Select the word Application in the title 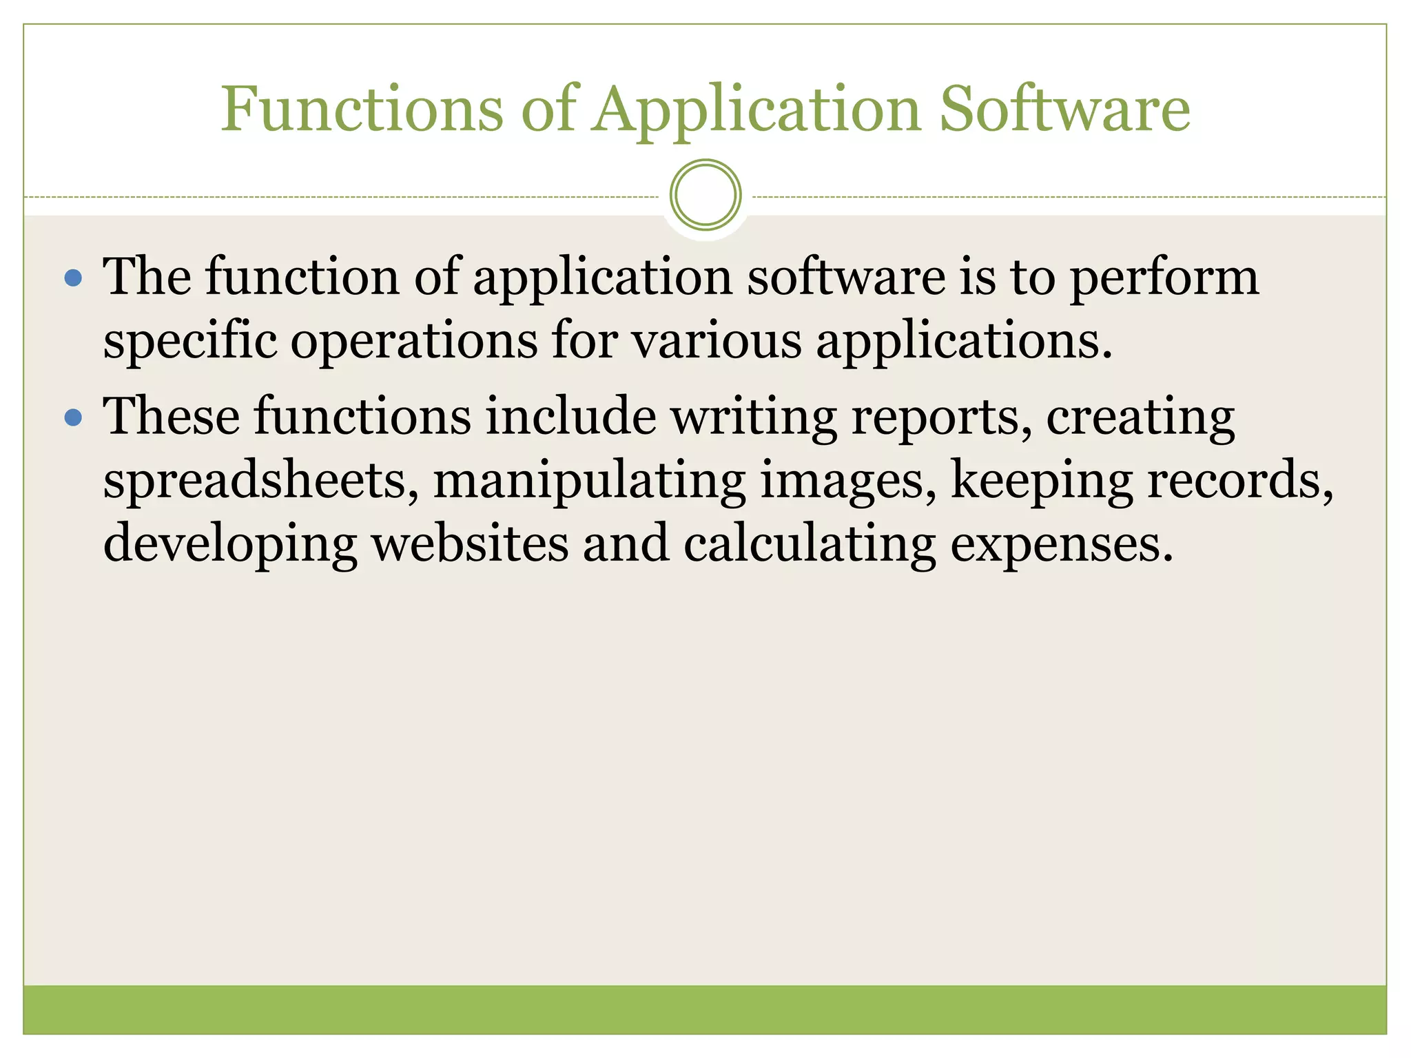point(757,110)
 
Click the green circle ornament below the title point(705,195)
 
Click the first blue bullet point point(73,278)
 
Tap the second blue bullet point point(73,417)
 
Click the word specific point(190,342)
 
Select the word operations point(413,342)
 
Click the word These point(172,416)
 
